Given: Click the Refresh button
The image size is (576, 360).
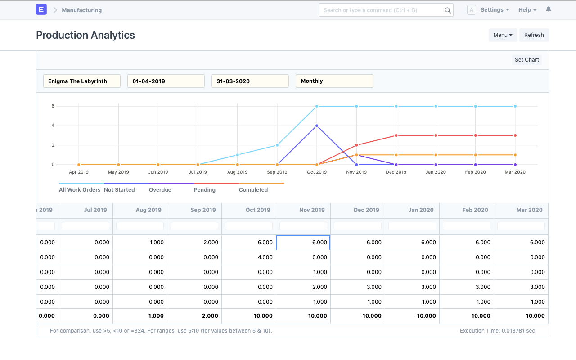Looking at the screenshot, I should [534, 35].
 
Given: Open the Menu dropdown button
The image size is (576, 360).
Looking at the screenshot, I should [503, 35].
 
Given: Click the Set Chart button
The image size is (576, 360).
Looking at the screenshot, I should [526, 60].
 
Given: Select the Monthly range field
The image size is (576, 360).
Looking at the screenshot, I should [334, 81].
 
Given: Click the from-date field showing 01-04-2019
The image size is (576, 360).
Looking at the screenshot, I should [166, 81].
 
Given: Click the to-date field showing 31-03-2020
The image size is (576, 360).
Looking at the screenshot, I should [250, 81].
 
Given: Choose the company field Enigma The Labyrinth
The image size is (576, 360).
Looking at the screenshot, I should [82, 81].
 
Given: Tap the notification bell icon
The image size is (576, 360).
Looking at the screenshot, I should [549, 9].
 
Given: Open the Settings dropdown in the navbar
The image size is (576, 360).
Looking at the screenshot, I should [495, 10].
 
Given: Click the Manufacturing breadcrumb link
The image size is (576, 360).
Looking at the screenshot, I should [81, 10].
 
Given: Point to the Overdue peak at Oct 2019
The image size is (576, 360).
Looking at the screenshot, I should [317, 126].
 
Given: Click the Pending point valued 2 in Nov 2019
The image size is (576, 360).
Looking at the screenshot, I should [356, 145].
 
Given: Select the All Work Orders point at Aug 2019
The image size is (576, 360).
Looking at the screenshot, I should [238, 155].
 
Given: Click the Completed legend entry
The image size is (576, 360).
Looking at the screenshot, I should [253, 190].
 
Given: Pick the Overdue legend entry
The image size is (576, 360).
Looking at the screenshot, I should [160, 190].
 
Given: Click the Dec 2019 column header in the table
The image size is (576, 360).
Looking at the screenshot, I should [366, 210].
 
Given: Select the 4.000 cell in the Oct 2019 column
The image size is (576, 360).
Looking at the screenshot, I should [249, 257].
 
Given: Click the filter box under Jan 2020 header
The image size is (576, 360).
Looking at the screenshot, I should [412, 226].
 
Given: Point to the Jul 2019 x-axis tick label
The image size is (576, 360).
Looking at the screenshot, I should [198, 172].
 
